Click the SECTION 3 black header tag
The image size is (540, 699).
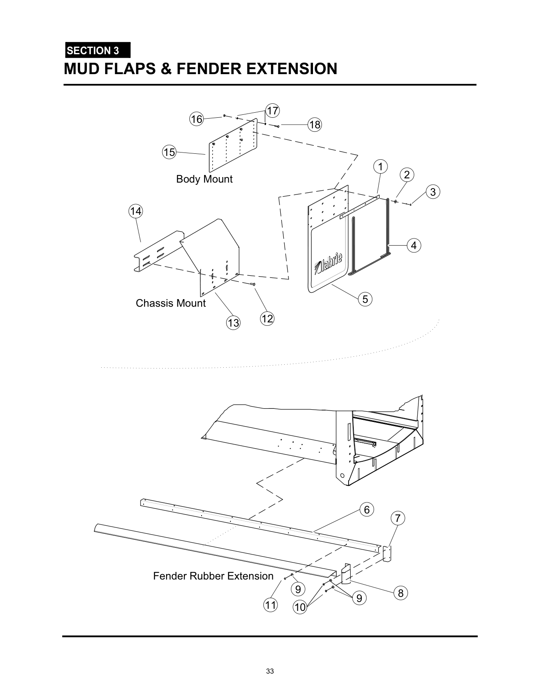pyautogui.click(x=97, y=50)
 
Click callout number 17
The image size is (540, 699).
pyautogui.click(x=273, y=111)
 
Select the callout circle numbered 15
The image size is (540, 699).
pyautogui.click(x=169, y=152)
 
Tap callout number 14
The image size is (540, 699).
pyautogui.click(x=136, y=211)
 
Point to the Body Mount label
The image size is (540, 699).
pyautogui.click(x=204, y=179)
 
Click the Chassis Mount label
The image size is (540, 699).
pyautogui.click(x=171, y=303)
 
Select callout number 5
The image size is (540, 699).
pyautogui.click(x=365, y=299)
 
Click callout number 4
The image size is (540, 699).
pyautogui.click(x=414, y=245)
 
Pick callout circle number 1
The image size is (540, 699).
pyautogui.click(x=380, y=166)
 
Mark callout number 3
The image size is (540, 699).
pyautogui.click(x=432, y=192)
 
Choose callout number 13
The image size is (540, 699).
pyautogui.click(x=233, y=323)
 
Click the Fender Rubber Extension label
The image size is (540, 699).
pyautogui.click(x=213, y=576)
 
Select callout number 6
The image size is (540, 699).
pyautogui.click(x=367, y=510)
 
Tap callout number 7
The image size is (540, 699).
pyautogui.click(x=398, y=518)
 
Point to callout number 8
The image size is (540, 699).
pyautogui.click(x=401, y=593)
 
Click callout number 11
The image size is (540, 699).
pyautogui.click(x=270, y=605)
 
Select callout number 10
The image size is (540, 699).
pyautogui.click(x=299, y=607)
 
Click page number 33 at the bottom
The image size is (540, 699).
pyautogui.click(x=270, y=671)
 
